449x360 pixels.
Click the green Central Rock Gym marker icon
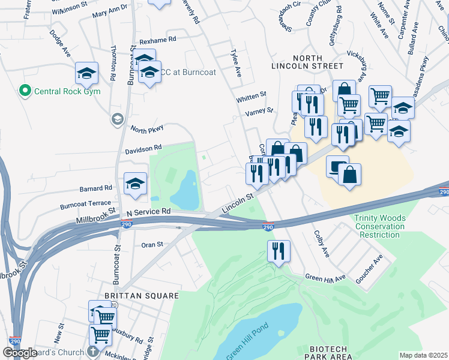[25, 91]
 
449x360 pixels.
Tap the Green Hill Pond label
[247, 343]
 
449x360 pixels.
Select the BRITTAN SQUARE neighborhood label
[142, 296]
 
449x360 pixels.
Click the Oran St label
[152, 244]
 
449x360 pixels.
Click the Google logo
[20, 353]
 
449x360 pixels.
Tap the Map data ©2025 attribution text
[423, 355]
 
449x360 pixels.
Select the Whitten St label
[251, 95]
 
